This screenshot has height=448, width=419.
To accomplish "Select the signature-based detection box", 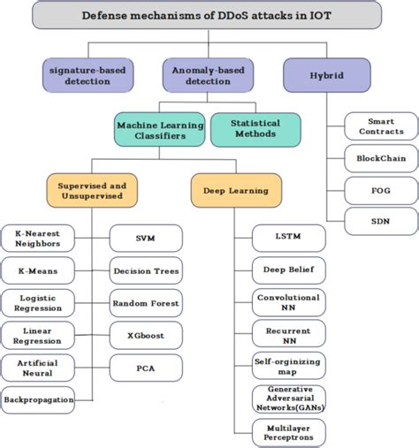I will (87, 75).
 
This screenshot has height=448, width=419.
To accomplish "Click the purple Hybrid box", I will (325, 75).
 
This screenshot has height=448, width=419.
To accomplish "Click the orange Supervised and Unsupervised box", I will (91, 190).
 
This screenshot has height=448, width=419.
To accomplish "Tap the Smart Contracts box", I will (381, 125).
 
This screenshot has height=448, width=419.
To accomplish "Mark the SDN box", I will (381, 221).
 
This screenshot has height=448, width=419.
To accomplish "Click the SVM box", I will (146, 238).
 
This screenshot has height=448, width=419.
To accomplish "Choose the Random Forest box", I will (146, 303).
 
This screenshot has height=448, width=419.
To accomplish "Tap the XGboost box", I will (146, 335).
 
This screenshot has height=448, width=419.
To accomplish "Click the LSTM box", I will (288, 238).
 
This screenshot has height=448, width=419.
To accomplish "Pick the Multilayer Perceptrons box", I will (288, 431).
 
